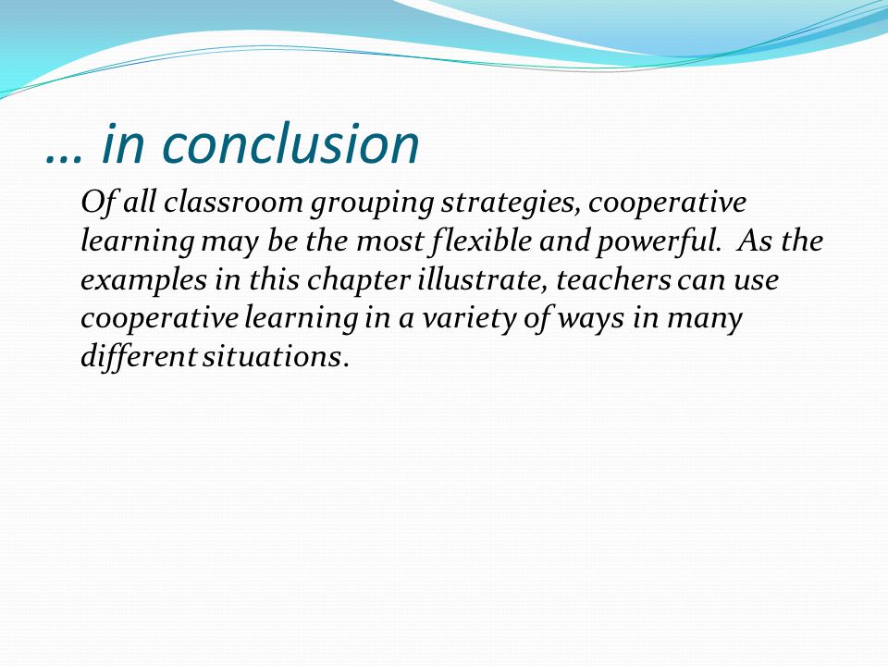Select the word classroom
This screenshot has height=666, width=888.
[x=233, y=202]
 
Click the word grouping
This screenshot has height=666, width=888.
[x=372, y=204]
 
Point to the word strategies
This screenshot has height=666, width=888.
[x=511, y=204]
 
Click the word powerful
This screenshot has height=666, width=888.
[x=659, y=241]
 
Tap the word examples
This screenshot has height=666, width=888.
[x=144, y=281]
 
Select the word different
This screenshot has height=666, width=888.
[x=139, y=357]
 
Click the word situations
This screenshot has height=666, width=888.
[x=274, y=357]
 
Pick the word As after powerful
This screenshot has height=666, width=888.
[x=756, y=240]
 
